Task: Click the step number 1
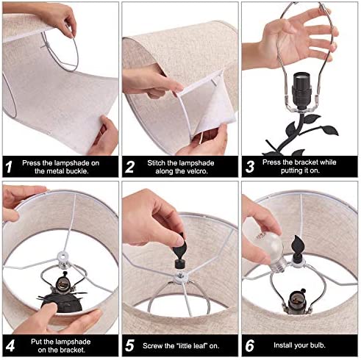coord(9,167)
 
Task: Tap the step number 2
coord(129,167)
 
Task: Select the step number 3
coord(250,167)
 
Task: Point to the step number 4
coord(10,346)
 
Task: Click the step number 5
coord(129,346)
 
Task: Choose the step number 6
coord(250,345)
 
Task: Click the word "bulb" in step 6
coord(318,345)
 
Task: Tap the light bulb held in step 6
coord(272,252)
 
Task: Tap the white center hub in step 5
coord(180,278)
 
